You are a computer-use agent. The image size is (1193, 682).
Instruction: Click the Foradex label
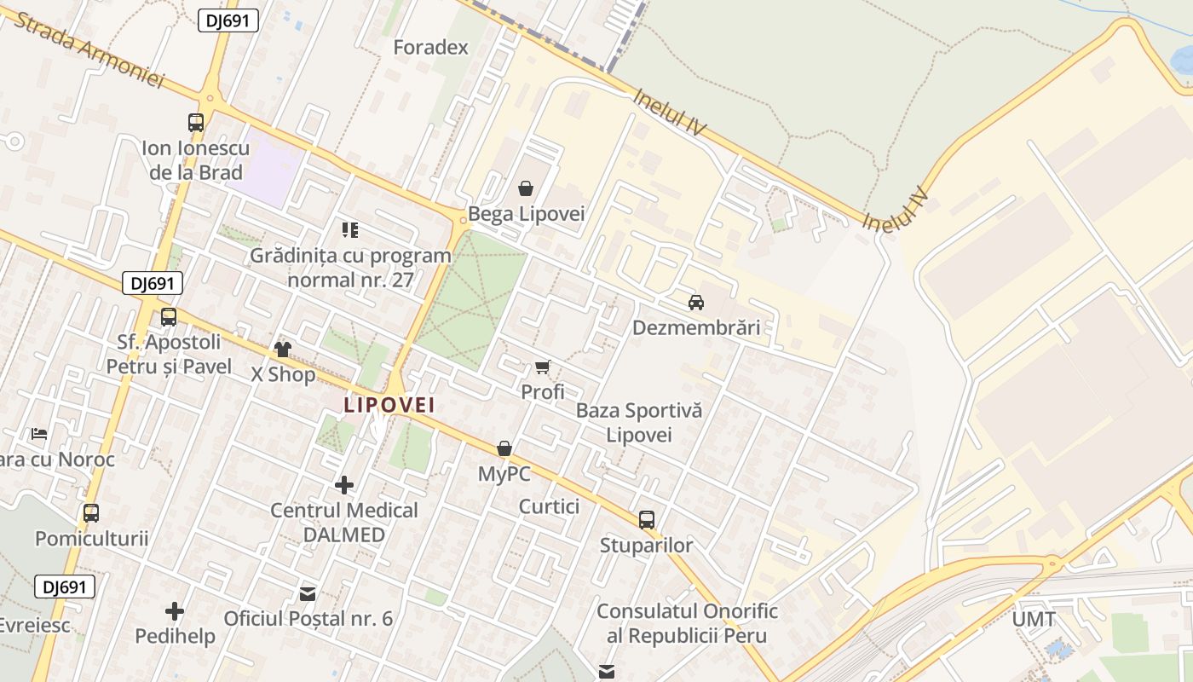430,47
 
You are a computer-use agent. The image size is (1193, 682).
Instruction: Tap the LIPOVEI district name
389,404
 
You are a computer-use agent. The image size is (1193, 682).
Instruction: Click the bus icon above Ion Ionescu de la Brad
196,123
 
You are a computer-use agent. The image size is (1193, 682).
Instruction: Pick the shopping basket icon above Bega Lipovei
526,188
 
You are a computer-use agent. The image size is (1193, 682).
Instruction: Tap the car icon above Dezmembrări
696,302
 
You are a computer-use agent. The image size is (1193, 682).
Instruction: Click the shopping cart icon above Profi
543,367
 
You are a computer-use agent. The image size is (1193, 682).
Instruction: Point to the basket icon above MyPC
504,448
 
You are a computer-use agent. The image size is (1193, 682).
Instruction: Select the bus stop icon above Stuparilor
647,519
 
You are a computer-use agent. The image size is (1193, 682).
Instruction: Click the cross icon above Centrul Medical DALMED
344,485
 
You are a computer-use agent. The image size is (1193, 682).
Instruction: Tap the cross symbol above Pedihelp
175,611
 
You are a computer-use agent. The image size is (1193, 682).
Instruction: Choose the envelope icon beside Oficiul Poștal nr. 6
308,593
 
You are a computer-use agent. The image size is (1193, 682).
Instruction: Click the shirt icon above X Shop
283,350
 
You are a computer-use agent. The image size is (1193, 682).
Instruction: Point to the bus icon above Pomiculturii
91,513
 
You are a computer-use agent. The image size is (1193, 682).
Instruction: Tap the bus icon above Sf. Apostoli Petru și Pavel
169,317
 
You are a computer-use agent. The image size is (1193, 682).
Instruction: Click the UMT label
1034,620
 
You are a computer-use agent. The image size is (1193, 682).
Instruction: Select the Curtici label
549,506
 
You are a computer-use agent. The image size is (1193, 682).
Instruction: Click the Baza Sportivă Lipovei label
639,422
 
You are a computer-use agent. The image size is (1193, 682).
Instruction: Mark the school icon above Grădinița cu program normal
350,229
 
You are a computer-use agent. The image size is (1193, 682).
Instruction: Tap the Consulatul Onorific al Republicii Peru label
687,623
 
